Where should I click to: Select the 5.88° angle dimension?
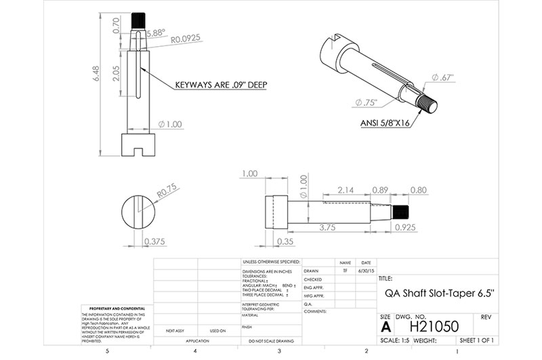click(x=154, y=32)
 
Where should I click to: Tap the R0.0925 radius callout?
click(x=186, y=41)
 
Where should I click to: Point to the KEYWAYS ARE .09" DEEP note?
click(x=219, y=85)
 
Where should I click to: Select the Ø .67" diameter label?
click(x=441, y=77)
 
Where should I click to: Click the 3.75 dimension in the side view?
click(x=328, y=227)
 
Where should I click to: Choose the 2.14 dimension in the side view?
click(x=346, y=189)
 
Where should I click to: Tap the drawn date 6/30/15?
click(x=365, y=269)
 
